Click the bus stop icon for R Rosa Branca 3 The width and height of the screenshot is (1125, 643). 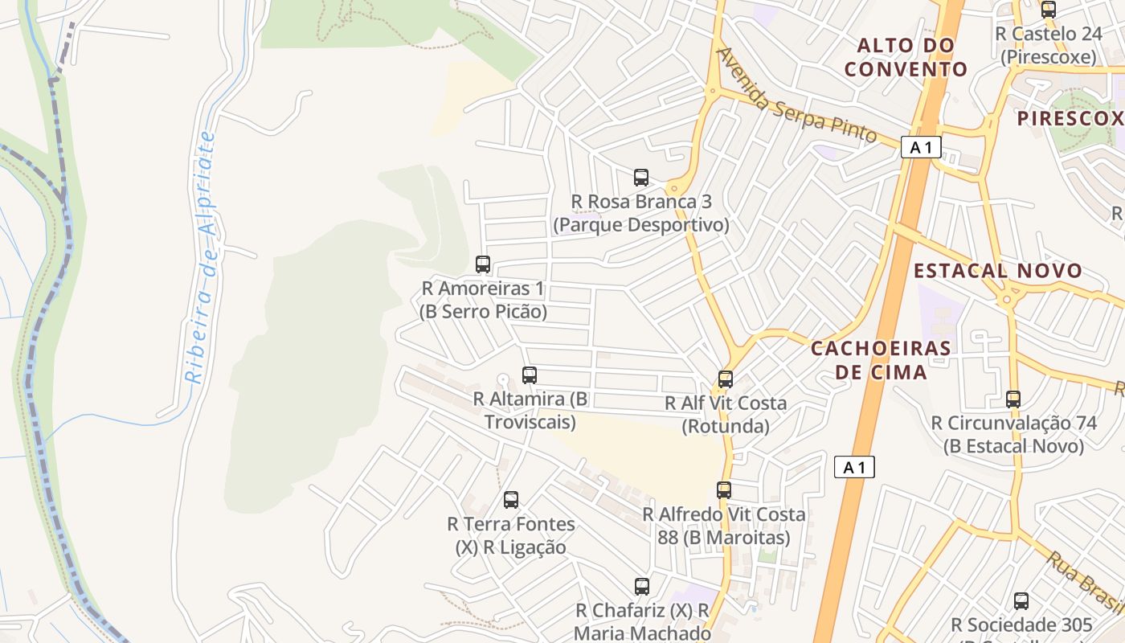[640, 178]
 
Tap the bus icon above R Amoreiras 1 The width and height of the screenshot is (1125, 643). [483, 264]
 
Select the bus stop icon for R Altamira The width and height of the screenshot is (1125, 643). [529, 375]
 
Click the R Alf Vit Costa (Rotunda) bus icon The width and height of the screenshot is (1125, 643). [726, 379]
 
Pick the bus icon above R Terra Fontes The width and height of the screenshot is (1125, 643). [511, 500]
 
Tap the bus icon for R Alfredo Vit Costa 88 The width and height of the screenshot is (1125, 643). [724, 489]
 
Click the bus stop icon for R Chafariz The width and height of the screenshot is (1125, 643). [641, 587]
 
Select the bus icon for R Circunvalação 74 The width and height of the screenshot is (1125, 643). [1012, 399]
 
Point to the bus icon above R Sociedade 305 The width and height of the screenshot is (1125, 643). [1021, 600]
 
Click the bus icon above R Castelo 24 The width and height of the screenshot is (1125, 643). [1048, 10]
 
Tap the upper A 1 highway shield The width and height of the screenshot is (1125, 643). [921, 147]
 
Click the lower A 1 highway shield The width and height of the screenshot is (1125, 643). [854, 467]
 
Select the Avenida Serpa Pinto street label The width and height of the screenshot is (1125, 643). [796, 96]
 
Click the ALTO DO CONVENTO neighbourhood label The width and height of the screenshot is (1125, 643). [906, 57]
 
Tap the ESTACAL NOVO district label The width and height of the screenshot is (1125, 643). [998, 271]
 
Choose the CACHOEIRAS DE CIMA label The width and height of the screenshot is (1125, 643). [881, 360]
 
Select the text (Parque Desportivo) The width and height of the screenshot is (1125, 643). [640, 225]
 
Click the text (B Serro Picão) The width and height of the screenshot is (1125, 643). [483, 312]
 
